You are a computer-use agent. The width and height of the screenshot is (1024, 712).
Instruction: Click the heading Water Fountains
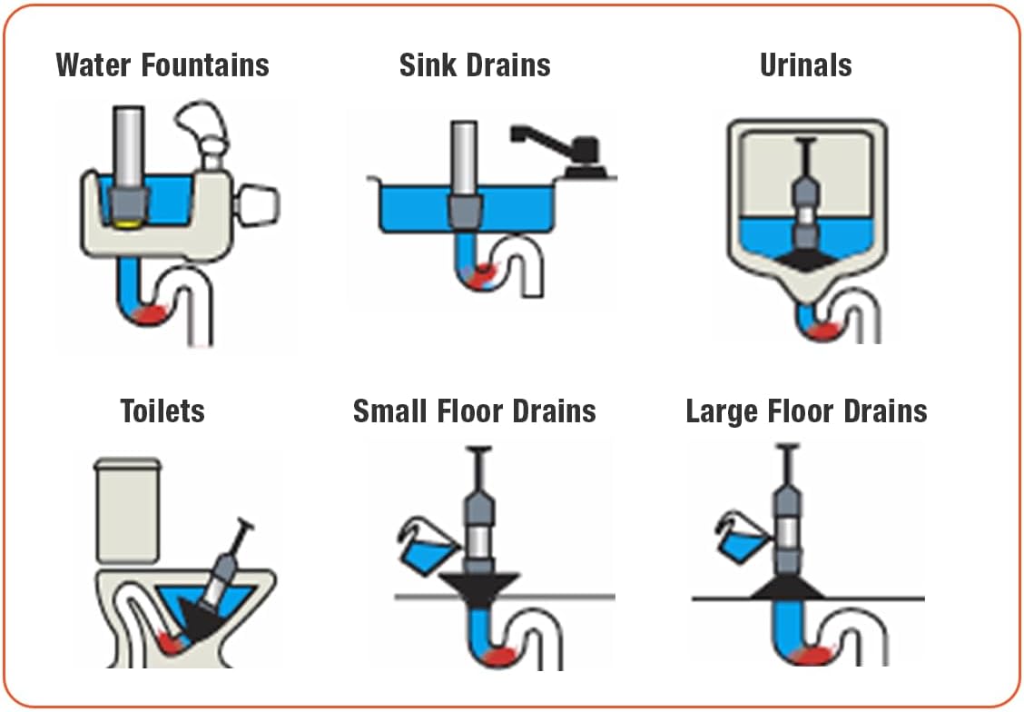click(x=162, y=65)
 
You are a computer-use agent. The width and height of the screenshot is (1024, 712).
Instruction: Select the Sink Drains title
click(x=475, y=65)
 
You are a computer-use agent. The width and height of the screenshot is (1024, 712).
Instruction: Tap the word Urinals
click(x=805, y=65)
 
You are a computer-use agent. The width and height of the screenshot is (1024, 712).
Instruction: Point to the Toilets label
click(x=162, y=410)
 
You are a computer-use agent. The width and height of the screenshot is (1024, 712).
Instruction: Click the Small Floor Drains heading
click(x=475, y=410)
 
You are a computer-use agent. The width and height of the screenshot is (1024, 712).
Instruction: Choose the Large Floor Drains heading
click(x=806, y=410)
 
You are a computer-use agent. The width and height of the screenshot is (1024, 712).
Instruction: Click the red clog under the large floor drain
click(x=812, y=656)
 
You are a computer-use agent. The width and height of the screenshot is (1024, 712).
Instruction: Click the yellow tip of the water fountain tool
click(x=132, y=220)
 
